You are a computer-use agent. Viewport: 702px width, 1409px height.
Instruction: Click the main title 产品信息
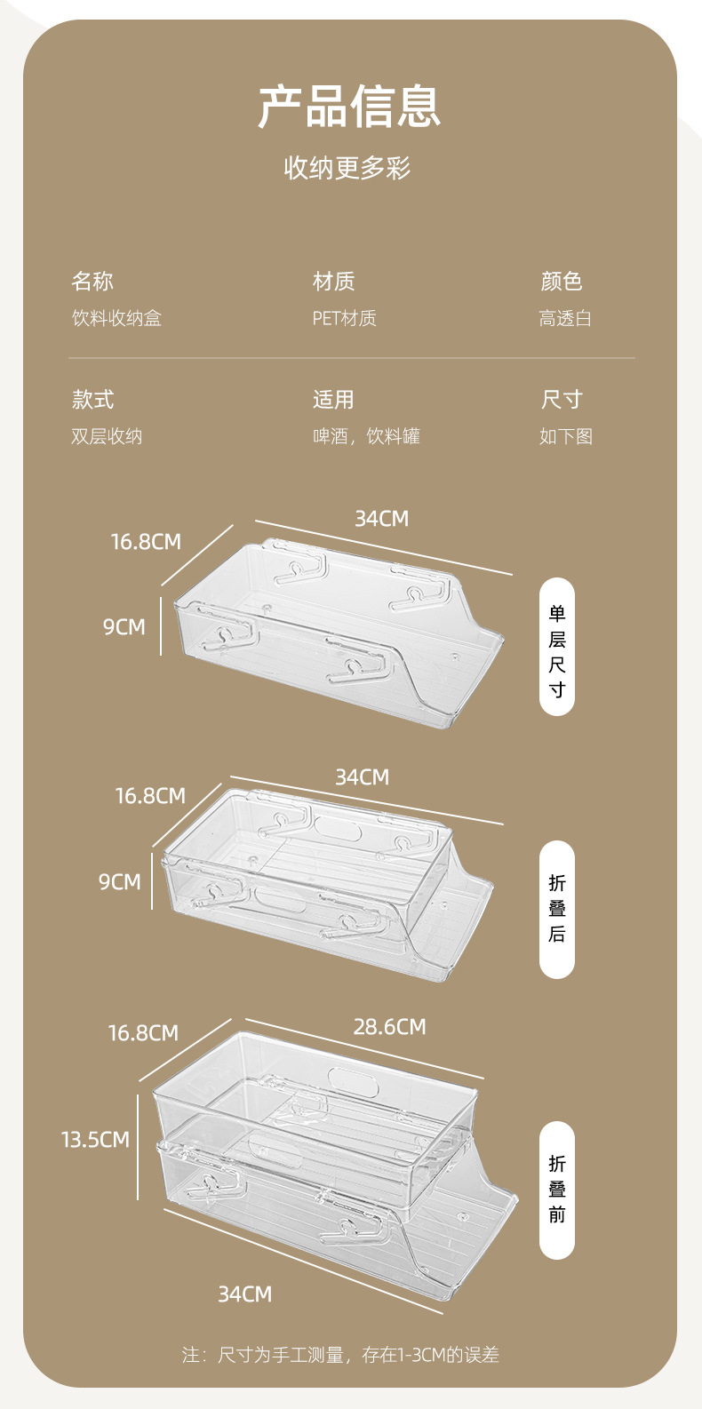(349, 107)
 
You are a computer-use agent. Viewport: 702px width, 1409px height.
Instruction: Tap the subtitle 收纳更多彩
(347, 168)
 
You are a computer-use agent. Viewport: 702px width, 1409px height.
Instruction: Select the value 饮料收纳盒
(116, 318)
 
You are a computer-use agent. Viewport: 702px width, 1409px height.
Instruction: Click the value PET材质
(344, 318)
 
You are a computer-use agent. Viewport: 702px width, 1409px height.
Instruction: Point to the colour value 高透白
(565, 318)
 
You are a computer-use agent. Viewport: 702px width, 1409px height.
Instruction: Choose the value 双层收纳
(107, 436)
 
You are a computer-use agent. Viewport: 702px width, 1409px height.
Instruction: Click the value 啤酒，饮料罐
(366, 436)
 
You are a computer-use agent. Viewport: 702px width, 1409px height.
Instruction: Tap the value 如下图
(565, 436)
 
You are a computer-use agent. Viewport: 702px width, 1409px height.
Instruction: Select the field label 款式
(93, 400)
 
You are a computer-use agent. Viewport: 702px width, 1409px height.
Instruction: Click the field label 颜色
(562, 282)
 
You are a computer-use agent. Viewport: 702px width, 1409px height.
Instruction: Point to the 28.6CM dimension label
(389, 1027)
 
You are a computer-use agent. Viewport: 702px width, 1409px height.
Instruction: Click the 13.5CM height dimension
(95, 1140)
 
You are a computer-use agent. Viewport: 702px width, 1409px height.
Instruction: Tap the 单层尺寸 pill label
(557, 647)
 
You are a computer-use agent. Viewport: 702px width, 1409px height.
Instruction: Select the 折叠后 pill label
(557, 909)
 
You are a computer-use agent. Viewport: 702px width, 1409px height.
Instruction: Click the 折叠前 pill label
(557, 1190)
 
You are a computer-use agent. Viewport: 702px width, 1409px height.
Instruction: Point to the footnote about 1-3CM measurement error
(340, 1355)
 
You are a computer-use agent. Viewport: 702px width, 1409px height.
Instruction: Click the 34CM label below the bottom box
(245, 1294)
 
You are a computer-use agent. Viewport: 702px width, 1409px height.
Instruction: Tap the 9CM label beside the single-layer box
(124, 627)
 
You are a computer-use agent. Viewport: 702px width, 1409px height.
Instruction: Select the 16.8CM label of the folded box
(150, 796)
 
